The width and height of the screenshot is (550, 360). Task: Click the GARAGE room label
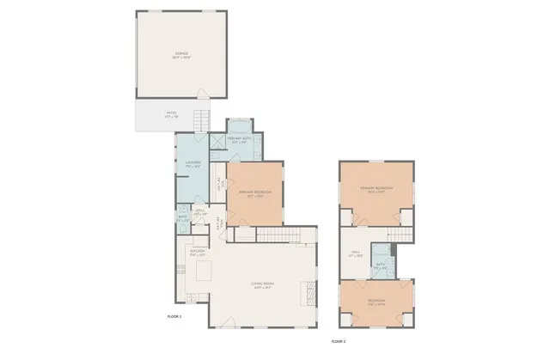tap(181, 54)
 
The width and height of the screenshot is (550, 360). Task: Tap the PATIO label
tap(172, 113)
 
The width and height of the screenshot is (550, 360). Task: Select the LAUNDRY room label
tap(192, 163)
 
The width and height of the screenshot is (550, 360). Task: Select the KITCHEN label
tap(197, 253)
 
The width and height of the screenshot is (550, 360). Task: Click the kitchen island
tap(204, 272)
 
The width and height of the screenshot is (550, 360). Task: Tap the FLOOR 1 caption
tap(175, 317)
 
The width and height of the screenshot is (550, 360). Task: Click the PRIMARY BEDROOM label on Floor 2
tap(376, 189)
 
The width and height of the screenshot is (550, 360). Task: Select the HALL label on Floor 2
tap(355, 253)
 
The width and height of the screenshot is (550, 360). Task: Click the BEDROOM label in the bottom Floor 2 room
tap(376, 302)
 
